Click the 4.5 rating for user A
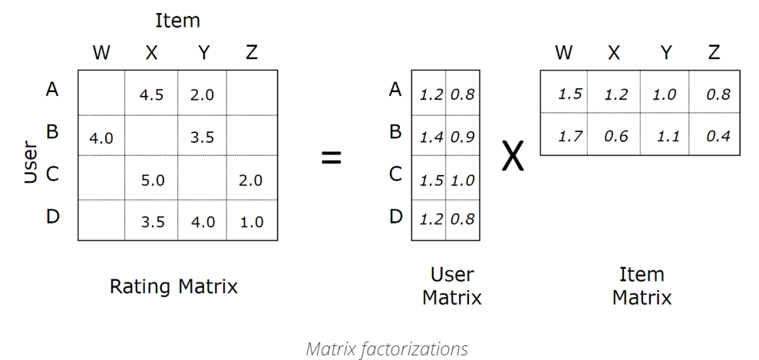tap(150, 96)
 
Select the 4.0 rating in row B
tap(101, 139)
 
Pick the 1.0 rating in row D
tap(251, 223)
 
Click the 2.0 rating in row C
tap(251, 180)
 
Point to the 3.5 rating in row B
tap(201, 139)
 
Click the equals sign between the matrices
tap(331, 159)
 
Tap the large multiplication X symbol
tap(513, 157)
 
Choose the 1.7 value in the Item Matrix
tap(570, 137)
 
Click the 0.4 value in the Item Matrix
tap(718, 137)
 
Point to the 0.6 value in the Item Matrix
tap(617, 137)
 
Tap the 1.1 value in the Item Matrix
tap(668, 137)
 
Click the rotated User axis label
tap(30, 161)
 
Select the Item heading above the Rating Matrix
tap(177, 21)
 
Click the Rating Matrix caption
tap(173, 287)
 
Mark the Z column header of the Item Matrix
tap(714, 53)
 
